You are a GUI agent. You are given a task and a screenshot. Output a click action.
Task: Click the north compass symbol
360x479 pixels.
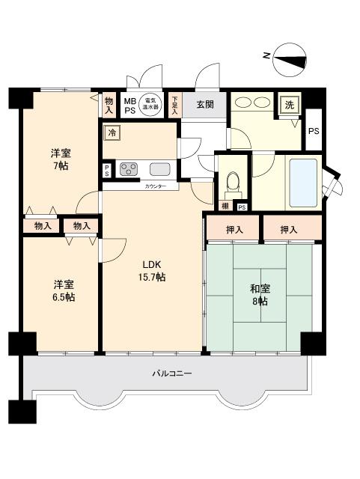point(288,61)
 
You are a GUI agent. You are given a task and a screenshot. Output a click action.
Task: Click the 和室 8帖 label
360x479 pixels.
point(259,294)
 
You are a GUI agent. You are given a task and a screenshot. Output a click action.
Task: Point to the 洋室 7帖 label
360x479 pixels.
point(60,159)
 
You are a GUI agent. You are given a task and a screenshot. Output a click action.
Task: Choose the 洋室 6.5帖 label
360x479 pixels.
point(63,290)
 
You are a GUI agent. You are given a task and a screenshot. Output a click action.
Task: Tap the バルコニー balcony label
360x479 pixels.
point(172,372)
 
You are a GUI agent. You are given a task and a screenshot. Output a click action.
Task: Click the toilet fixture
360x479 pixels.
point(232,182)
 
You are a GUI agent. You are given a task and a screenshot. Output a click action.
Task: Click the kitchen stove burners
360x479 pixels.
point(129,168)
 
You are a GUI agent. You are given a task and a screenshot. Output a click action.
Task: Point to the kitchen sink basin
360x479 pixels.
point(159,168)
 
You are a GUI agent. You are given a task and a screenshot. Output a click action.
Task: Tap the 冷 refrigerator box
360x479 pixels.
point(112,133)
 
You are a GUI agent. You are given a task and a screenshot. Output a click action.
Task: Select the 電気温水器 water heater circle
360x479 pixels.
point(152,104)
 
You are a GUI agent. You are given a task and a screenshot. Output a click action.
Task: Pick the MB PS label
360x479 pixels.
point(129,105)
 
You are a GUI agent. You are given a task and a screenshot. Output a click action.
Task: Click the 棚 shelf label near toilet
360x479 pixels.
point(225,207)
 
